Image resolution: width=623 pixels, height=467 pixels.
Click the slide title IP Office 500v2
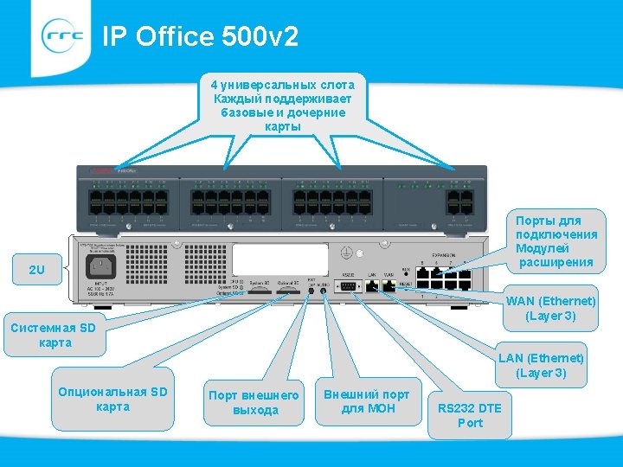click(200, 36)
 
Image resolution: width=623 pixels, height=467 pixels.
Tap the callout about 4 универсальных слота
click(283, 105)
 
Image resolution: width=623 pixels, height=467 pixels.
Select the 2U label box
click(36, 270)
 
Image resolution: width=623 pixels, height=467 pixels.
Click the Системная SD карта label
click(55, 336)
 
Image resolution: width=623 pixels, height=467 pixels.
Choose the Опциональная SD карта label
click(112, 399)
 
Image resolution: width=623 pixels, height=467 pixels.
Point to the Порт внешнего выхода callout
click(254, 402)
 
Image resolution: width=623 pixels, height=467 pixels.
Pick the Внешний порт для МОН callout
click(367, 400)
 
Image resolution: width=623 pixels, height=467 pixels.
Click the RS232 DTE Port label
click(470, 415)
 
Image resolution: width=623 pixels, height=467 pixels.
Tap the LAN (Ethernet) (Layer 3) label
click(541, 365)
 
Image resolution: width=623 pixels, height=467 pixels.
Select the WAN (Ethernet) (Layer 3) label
click(551, 308)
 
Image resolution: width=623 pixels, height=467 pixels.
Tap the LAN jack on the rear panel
click(370, 286)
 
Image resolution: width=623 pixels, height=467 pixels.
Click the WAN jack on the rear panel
click(389, 286)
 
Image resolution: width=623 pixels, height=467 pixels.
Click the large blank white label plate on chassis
click(280, 259)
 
